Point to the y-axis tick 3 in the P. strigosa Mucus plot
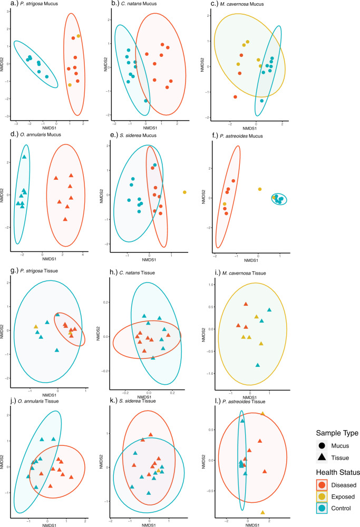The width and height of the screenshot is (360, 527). pyautogui.click(x=8, y=11)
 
